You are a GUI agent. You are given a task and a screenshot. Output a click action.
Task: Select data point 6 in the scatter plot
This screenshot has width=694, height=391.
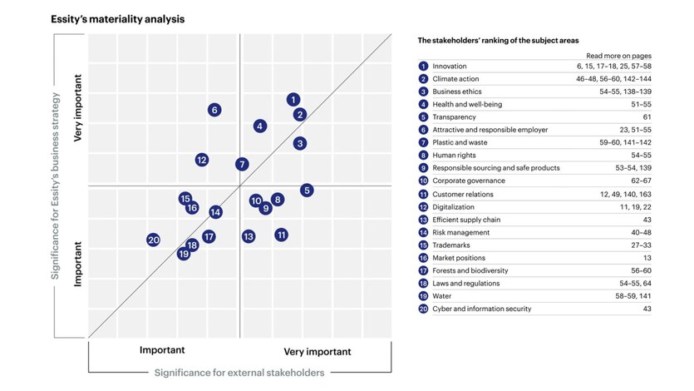214,110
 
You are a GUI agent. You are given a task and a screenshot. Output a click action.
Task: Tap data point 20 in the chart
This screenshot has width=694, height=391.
153,240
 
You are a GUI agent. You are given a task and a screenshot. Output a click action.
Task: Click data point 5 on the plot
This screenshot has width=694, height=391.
307,191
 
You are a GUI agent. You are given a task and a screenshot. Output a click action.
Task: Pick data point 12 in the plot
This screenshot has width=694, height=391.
202,160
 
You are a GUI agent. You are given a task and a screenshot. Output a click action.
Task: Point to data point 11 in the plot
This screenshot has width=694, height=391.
282,235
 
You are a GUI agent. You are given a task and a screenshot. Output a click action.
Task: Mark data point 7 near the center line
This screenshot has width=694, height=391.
242,165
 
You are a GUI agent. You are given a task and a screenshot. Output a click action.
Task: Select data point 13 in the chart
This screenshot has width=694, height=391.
249,236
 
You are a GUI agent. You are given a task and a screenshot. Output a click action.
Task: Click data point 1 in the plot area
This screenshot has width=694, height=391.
293,100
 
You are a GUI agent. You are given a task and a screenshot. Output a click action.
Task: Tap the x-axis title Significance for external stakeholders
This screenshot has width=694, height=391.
239,373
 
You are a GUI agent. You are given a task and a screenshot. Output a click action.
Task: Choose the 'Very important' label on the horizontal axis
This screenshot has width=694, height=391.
317,351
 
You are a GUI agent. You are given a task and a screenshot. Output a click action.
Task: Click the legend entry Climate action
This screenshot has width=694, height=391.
455,79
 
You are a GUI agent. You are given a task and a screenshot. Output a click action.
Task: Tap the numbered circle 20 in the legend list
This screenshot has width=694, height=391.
424,309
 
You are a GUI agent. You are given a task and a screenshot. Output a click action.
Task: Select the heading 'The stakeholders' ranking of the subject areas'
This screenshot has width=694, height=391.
498,40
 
